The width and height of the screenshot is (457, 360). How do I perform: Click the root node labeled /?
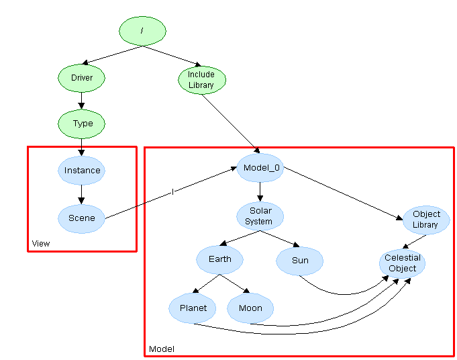[142, 31]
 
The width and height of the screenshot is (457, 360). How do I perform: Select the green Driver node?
[82, 78]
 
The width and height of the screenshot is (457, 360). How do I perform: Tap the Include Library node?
[201, 80]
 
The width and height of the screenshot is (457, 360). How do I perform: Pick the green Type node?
[82, 124]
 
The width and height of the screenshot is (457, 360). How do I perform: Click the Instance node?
[82, 171]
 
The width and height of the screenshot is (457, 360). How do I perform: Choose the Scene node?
[82, 218]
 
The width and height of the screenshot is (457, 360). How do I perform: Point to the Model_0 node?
[260, 167]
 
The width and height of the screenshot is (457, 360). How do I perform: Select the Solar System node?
[260, 216]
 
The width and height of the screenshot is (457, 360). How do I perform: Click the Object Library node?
[426, 220]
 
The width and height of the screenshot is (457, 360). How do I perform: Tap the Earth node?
[220, 259]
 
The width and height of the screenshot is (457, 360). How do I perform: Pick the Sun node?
[300, 261]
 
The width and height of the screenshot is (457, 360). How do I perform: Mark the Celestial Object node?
[402, 263]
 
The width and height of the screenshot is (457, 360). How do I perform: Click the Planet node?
[193, 309]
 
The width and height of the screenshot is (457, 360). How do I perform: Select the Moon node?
[250, 309]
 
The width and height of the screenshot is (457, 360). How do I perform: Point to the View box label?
[41, 243]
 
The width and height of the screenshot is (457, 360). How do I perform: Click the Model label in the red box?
[161, 349]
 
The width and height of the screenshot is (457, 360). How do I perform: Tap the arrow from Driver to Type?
[82, 101]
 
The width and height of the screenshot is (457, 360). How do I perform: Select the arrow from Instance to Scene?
[82, 194]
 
